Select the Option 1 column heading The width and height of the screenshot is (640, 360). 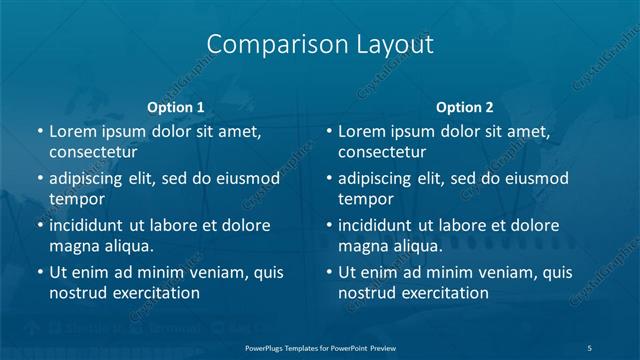click(175, 107)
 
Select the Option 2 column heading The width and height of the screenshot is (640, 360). click(465, 107)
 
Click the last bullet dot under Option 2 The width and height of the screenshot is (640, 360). click(330, 272)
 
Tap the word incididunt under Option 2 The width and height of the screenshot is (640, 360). click(381, 225)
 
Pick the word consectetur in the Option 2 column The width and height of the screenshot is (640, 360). click(381, 152)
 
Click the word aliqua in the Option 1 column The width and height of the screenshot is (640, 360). click(125, 246)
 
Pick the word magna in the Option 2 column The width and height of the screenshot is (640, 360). click(363, 246)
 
